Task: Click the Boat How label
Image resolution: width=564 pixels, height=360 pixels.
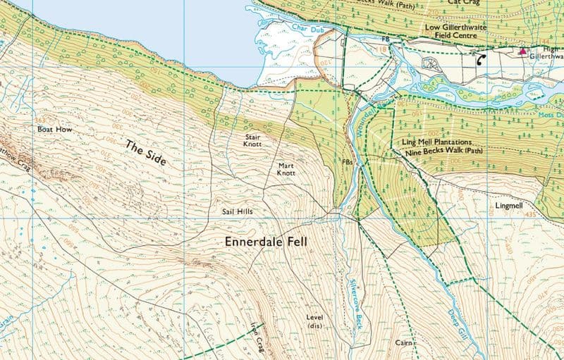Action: coord(51,130)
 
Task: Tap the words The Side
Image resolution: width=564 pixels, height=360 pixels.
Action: coord(145,153)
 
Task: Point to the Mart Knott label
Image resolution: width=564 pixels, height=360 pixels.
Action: coord(286,168)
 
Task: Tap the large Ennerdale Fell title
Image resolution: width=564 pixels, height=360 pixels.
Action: coord(267,242)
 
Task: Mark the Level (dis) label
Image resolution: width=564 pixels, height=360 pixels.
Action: coord(314,321)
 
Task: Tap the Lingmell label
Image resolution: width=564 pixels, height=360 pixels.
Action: coord(509,206)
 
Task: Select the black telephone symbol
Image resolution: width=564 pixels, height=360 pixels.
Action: coord(482,60)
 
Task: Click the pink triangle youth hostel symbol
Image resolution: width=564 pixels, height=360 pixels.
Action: coord(522,51)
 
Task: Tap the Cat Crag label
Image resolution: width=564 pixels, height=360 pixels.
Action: coord(464,3)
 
